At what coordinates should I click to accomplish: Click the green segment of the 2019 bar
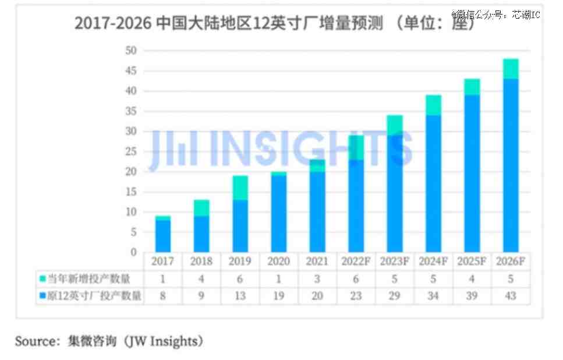click(240, 188)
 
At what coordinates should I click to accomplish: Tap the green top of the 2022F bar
click(356, 147)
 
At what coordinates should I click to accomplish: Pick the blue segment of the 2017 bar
click(162, 236)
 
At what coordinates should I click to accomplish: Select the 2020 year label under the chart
click(278, 261)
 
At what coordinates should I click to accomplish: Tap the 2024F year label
click(433, 261)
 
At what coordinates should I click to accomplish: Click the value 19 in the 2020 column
click(278, 295)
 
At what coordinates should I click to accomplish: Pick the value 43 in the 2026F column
click(511, 295)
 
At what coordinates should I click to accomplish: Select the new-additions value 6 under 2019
click(240, 278)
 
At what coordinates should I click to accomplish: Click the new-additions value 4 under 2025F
click(472, 278)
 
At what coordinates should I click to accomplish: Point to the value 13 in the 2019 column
click(240, 295)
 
